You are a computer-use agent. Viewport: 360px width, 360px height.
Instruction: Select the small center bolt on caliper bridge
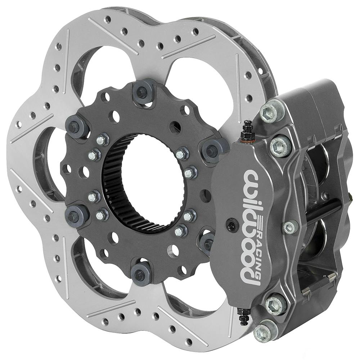tap(290, 227)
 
